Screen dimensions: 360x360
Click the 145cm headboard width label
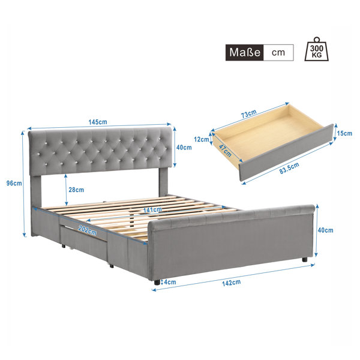tap(98, 122)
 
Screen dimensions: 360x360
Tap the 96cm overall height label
tap(14, 183)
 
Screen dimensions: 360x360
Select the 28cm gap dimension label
tap(76, 190)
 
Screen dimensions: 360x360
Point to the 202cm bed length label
tap(88, 230)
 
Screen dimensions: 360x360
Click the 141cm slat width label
tap(152, 209)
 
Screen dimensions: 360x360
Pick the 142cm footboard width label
tap(231, 283)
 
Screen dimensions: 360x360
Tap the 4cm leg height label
tap(170, 282)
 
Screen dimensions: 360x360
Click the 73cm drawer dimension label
tap(248, 113)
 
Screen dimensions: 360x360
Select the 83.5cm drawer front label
tap(289, 168)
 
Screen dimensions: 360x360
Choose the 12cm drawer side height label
tap(202, 139)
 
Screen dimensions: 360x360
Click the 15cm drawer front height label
tap(344, 133)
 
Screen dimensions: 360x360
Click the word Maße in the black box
tap(245, 53)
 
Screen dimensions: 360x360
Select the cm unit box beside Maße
tap(278, 53)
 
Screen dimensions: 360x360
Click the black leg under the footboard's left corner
tap(157, 282)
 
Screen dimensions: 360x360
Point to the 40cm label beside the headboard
tap(184, 148)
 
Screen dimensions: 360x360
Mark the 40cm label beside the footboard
tap(325, 230)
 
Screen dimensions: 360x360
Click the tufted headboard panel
tap(100, 151)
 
